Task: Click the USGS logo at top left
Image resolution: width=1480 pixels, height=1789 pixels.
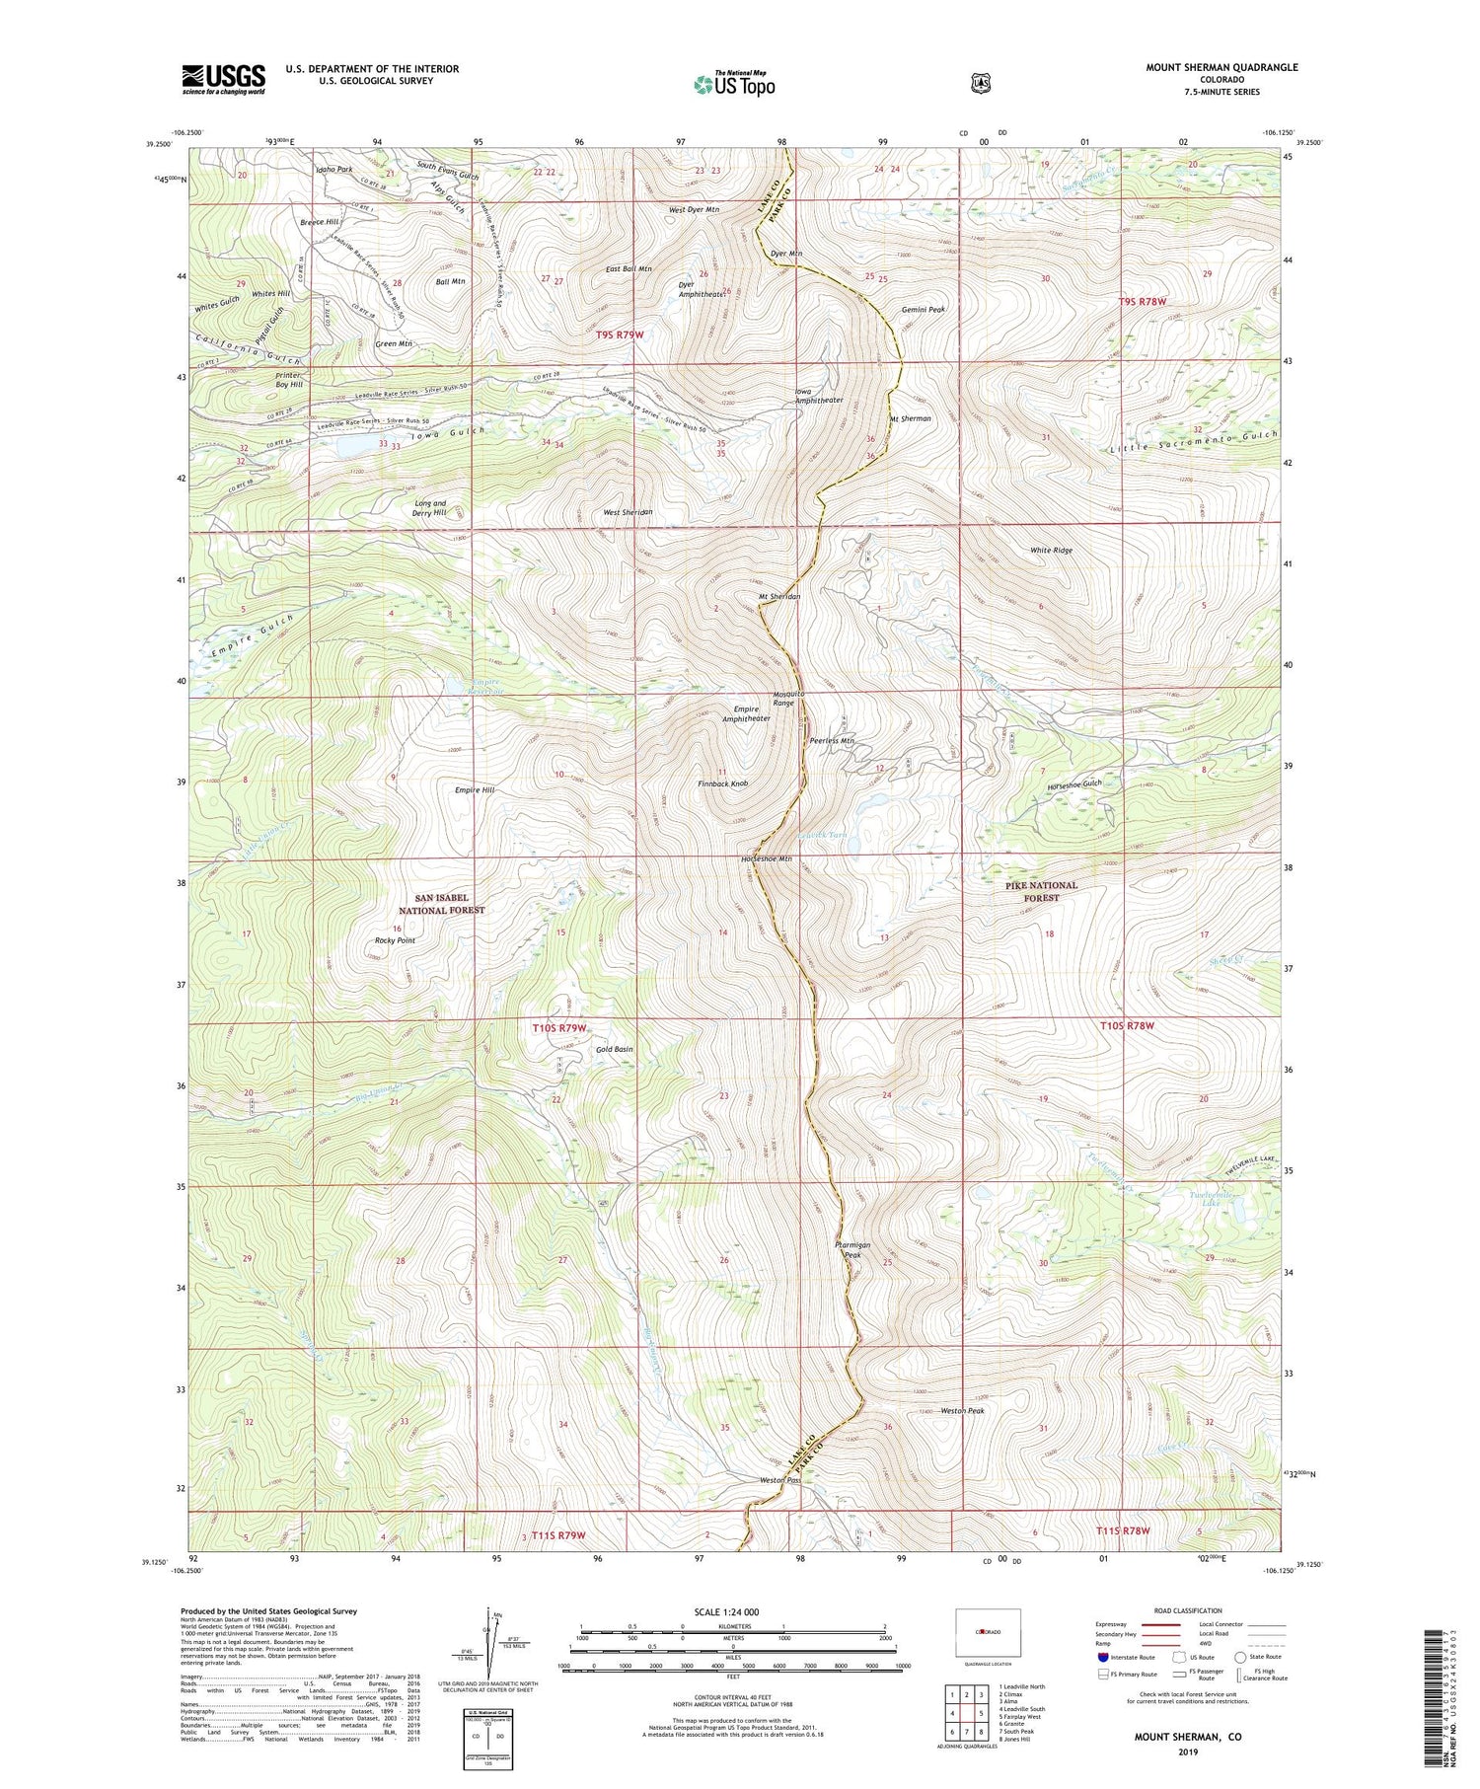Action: pos(223,79)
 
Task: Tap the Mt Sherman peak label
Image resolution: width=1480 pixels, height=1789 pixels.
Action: pos(910,418)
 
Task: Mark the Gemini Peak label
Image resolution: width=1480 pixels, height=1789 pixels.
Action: pos(923,310)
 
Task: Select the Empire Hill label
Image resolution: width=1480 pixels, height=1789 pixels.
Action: pos(475,790)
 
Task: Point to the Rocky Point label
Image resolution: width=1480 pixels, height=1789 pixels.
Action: pos(395,940)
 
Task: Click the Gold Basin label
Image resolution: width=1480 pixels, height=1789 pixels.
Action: pos(614,1049)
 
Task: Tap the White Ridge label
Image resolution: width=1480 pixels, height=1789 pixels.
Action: pos(1050,550)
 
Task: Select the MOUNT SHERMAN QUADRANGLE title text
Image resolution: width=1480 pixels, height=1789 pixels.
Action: pos(1221,67)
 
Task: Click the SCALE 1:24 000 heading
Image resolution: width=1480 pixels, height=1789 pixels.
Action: pos(732,1611)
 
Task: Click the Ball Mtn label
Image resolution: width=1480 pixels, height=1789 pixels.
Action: pos(450,281)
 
